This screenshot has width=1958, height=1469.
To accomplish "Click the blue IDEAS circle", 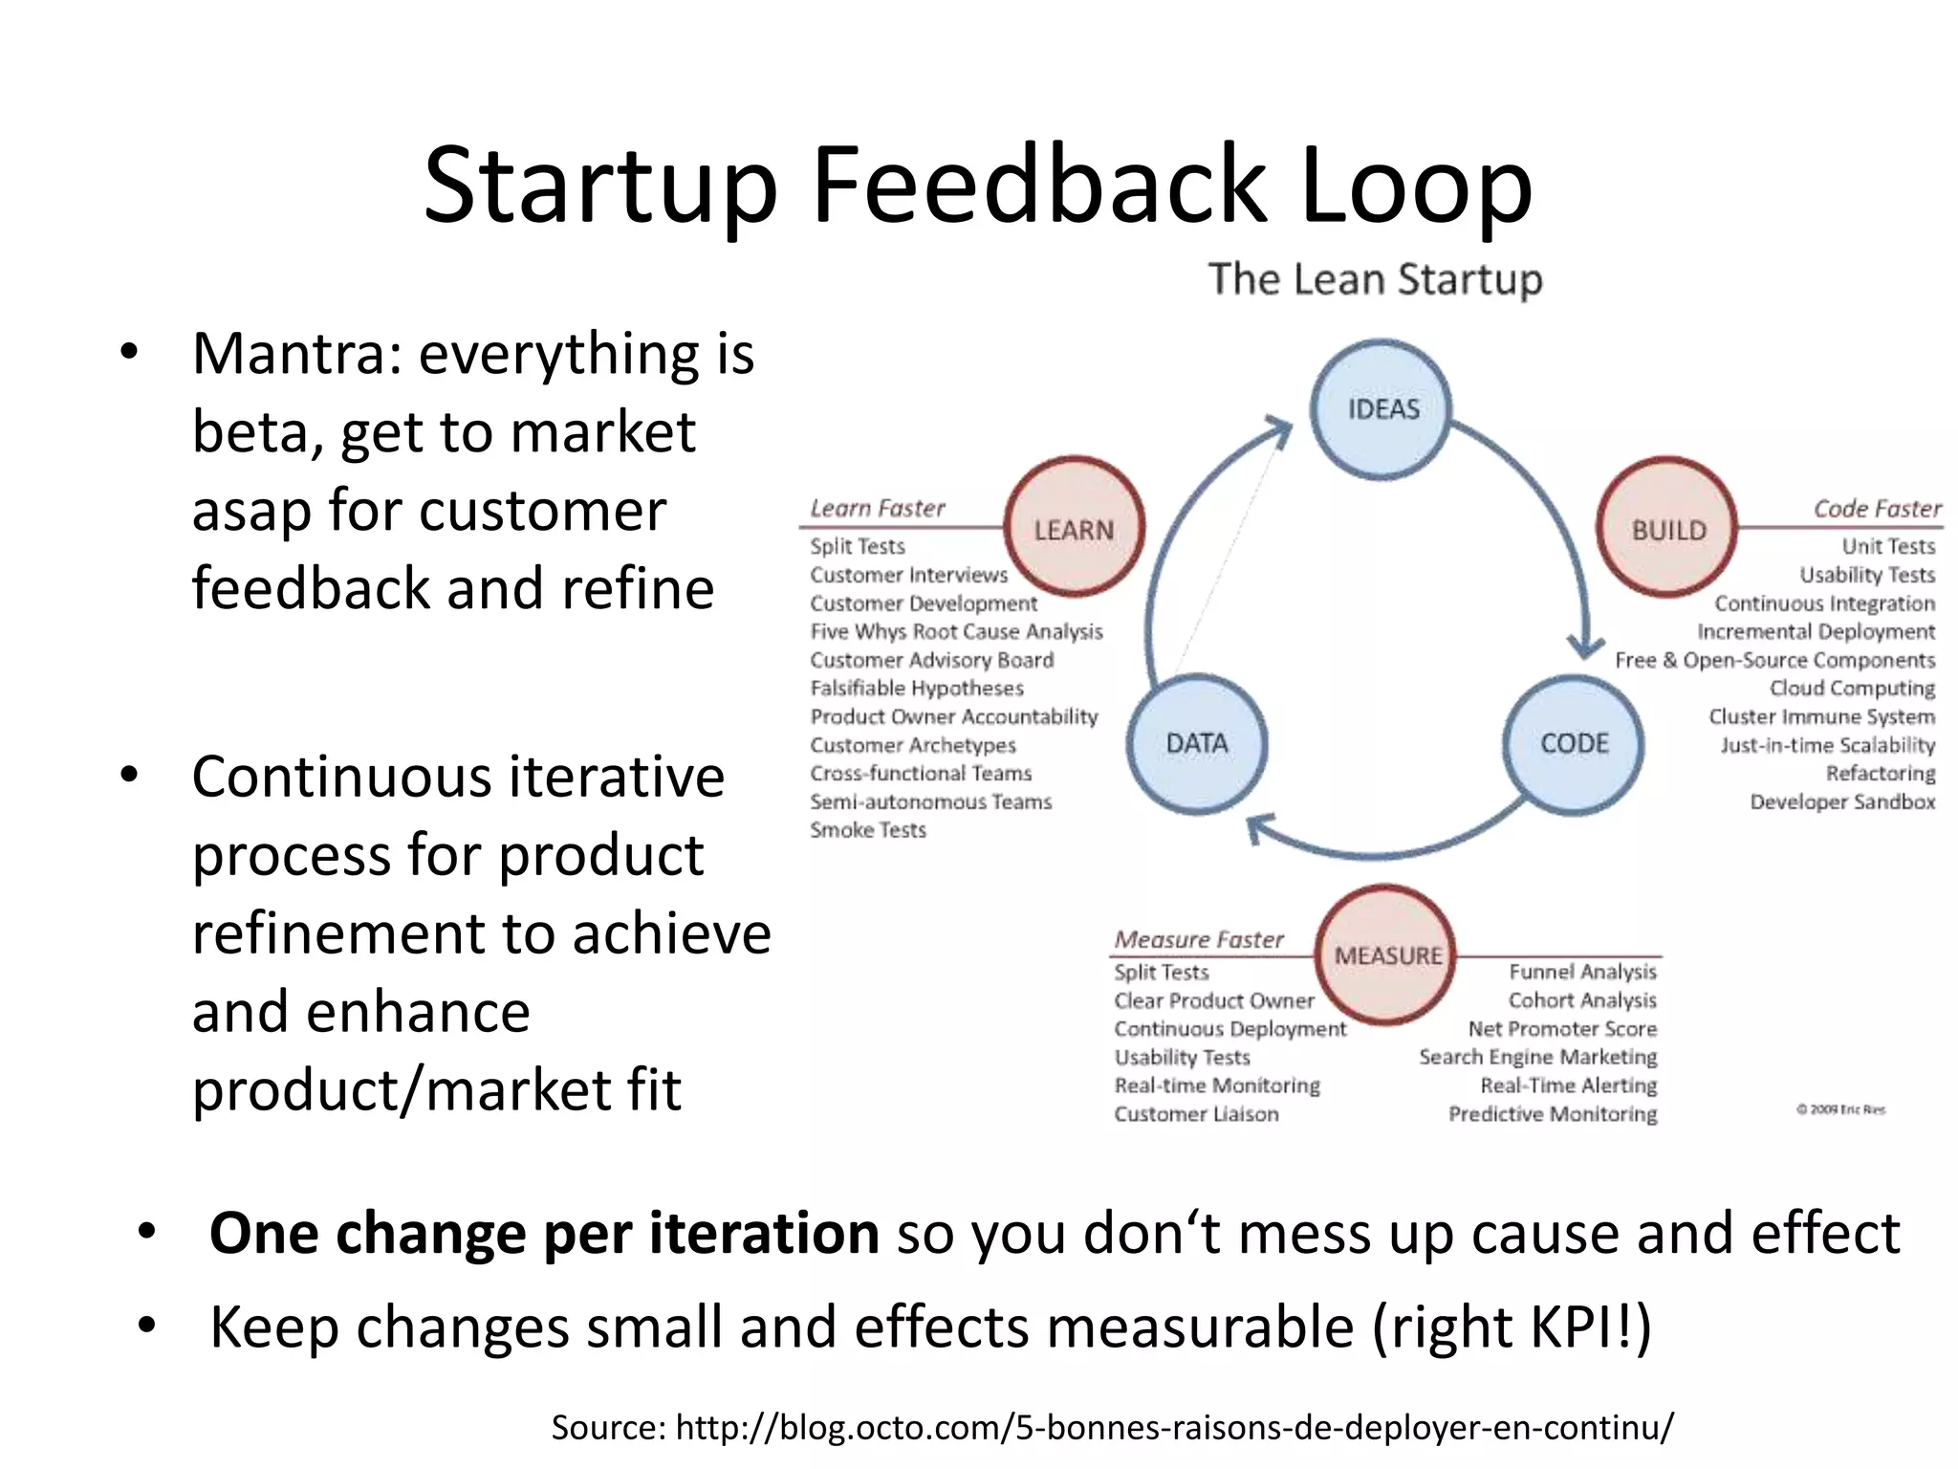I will tap(1381, 409).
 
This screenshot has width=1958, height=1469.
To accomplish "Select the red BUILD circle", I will tap(1667, 529).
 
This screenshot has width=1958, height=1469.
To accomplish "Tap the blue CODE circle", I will tap(1574, 743).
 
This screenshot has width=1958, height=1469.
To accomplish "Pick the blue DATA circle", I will tap(1196, 743).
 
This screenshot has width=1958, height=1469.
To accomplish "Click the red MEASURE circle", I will tap(1386, 954).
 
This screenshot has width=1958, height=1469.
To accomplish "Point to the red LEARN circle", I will tap(1074, 529).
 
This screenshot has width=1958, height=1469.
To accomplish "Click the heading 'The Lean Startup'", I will tap(1375, 279).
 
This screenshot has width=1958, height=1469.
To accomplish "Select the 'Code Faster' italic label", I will tap(1877, 509).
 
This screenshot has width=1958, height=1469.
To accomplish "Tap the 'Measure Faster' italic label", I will tap(1198, 939).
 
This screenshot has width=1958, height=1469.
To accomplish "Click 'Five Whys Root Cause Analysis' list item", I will tap(956, 631).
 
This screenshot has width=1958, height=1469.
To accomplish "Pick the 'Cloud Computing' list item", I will tap(1851, 688).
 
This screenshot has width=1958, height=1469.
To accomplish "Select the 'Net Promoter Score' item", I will tap(1562, 1028).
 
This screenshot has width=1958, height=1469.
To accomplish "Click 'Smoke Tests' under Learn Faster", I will tap(868, 829).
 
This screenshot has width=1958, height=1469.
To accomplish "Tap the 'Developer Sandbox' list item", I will tap(1841, 801).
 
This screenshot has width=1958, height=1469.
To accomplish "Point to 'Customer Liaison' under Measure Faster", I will tap(1195, 1113).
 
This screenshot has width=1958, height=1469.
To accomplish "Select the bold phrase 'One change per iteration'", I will tap(543, 1233).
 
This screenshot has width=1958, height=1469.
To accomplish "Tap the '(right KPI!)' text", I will tap(1512, 1327).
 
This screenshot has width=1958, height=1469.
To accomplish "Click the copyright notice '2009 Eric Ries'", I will tap(1840, 1109).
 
